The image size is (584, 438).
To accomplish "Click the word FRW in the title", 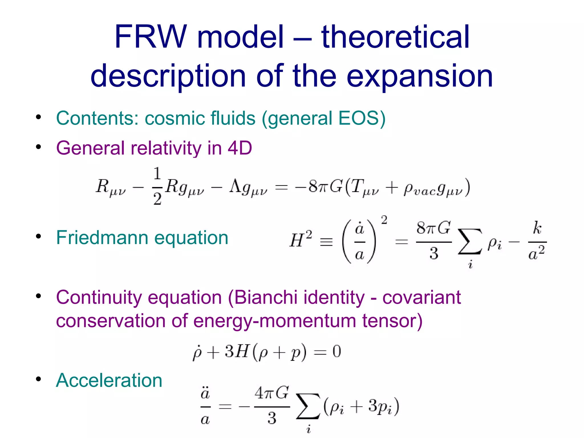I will point(150,37).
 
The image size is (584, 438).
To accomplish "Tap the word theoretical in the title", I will point(395,37).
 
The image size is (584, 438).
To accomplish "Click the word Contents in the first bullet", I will point(96,118).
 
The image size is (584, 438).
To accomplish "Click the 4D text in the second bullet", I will point(240,148).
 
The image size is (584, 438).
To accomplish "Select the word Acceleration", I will point(109,380).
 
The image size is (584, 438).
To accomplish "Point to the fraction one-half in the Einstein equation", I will point(157,186).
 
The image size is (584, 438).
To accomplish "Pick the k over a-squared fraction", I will point(537,241).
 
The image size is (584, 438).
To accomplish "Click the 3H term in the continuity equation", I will point(236,351).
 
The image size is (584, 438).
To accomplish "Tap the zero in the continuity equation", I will point(337,351).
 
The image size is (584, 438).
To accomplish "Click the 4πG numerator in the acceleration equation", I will point(272,394).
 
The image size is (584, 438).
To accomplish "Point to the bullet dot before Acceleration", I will point(38,379).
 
